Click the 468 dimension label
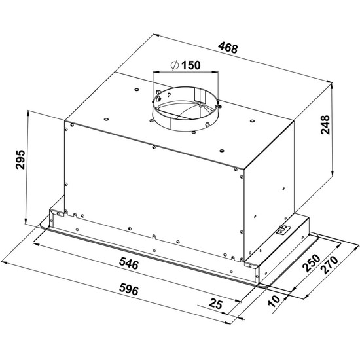coord(228,48)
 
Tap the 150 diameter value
coord(191,65)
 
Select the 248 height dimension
coord(325,124)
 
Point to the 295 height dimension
coord(20,160)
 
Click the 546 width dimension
coord(129,263)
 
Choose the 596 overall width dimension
coord(129,289)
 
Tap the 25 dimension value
coord(215,304)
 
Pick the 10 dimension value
coord(274,301)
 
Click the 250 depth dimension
coord(312,263)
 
